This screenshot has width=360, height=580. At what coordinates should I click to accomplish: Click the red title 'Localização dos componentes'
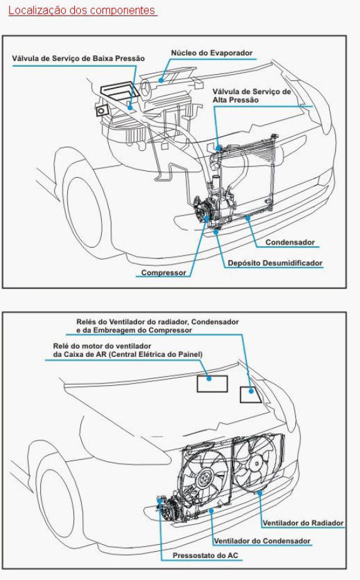tap(82, 10)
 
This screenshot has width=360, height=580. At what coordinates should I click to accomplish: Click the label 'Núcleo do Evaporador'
tap(212, 53)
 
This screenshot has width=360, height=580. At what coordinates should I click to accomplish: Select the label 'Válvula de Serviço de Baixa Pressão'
tap(78, 58)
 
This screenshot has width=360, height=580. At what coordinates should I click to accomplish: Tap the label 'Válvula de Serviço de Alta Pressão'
tap(251, 96)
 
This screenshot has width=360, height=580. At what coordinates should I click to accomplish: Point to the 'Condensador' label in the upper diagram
tap(290, 243)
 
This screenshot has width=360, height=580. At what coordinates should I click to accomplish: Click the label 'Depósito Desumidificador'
tap(275, 263)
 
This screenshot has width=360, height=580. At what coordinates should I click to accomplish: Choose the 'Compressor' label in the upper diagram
tap(163, 273)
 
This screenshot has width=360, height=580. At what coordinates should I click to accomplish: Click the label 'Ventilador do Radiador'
tap(303, 523)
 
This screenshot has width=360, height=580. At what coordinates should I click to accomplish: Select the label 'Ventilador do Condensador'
tap(262, 541)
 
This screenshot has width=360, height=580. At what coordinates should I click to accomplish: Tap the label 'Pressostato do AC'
tap(205, 555)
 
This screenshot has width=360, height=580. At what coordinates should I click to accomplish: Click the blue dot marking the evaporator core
tap(161, 80)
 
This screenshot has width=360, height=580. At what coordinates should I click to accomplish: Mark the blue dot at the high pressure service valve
tap(219, 148)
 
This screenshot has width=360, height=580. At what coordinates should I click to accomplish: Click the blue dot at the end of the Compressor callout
tap(207, 218)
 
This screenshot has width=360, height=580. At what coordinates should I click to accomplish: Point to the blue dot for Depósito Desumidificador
tap(215, 231)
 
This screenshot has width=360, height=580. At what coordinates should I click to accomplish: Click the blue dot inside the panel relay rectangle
tap(209, 379)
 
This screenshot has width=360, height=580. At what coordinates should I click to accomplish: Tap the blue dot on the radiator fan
tap(259, 492)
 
